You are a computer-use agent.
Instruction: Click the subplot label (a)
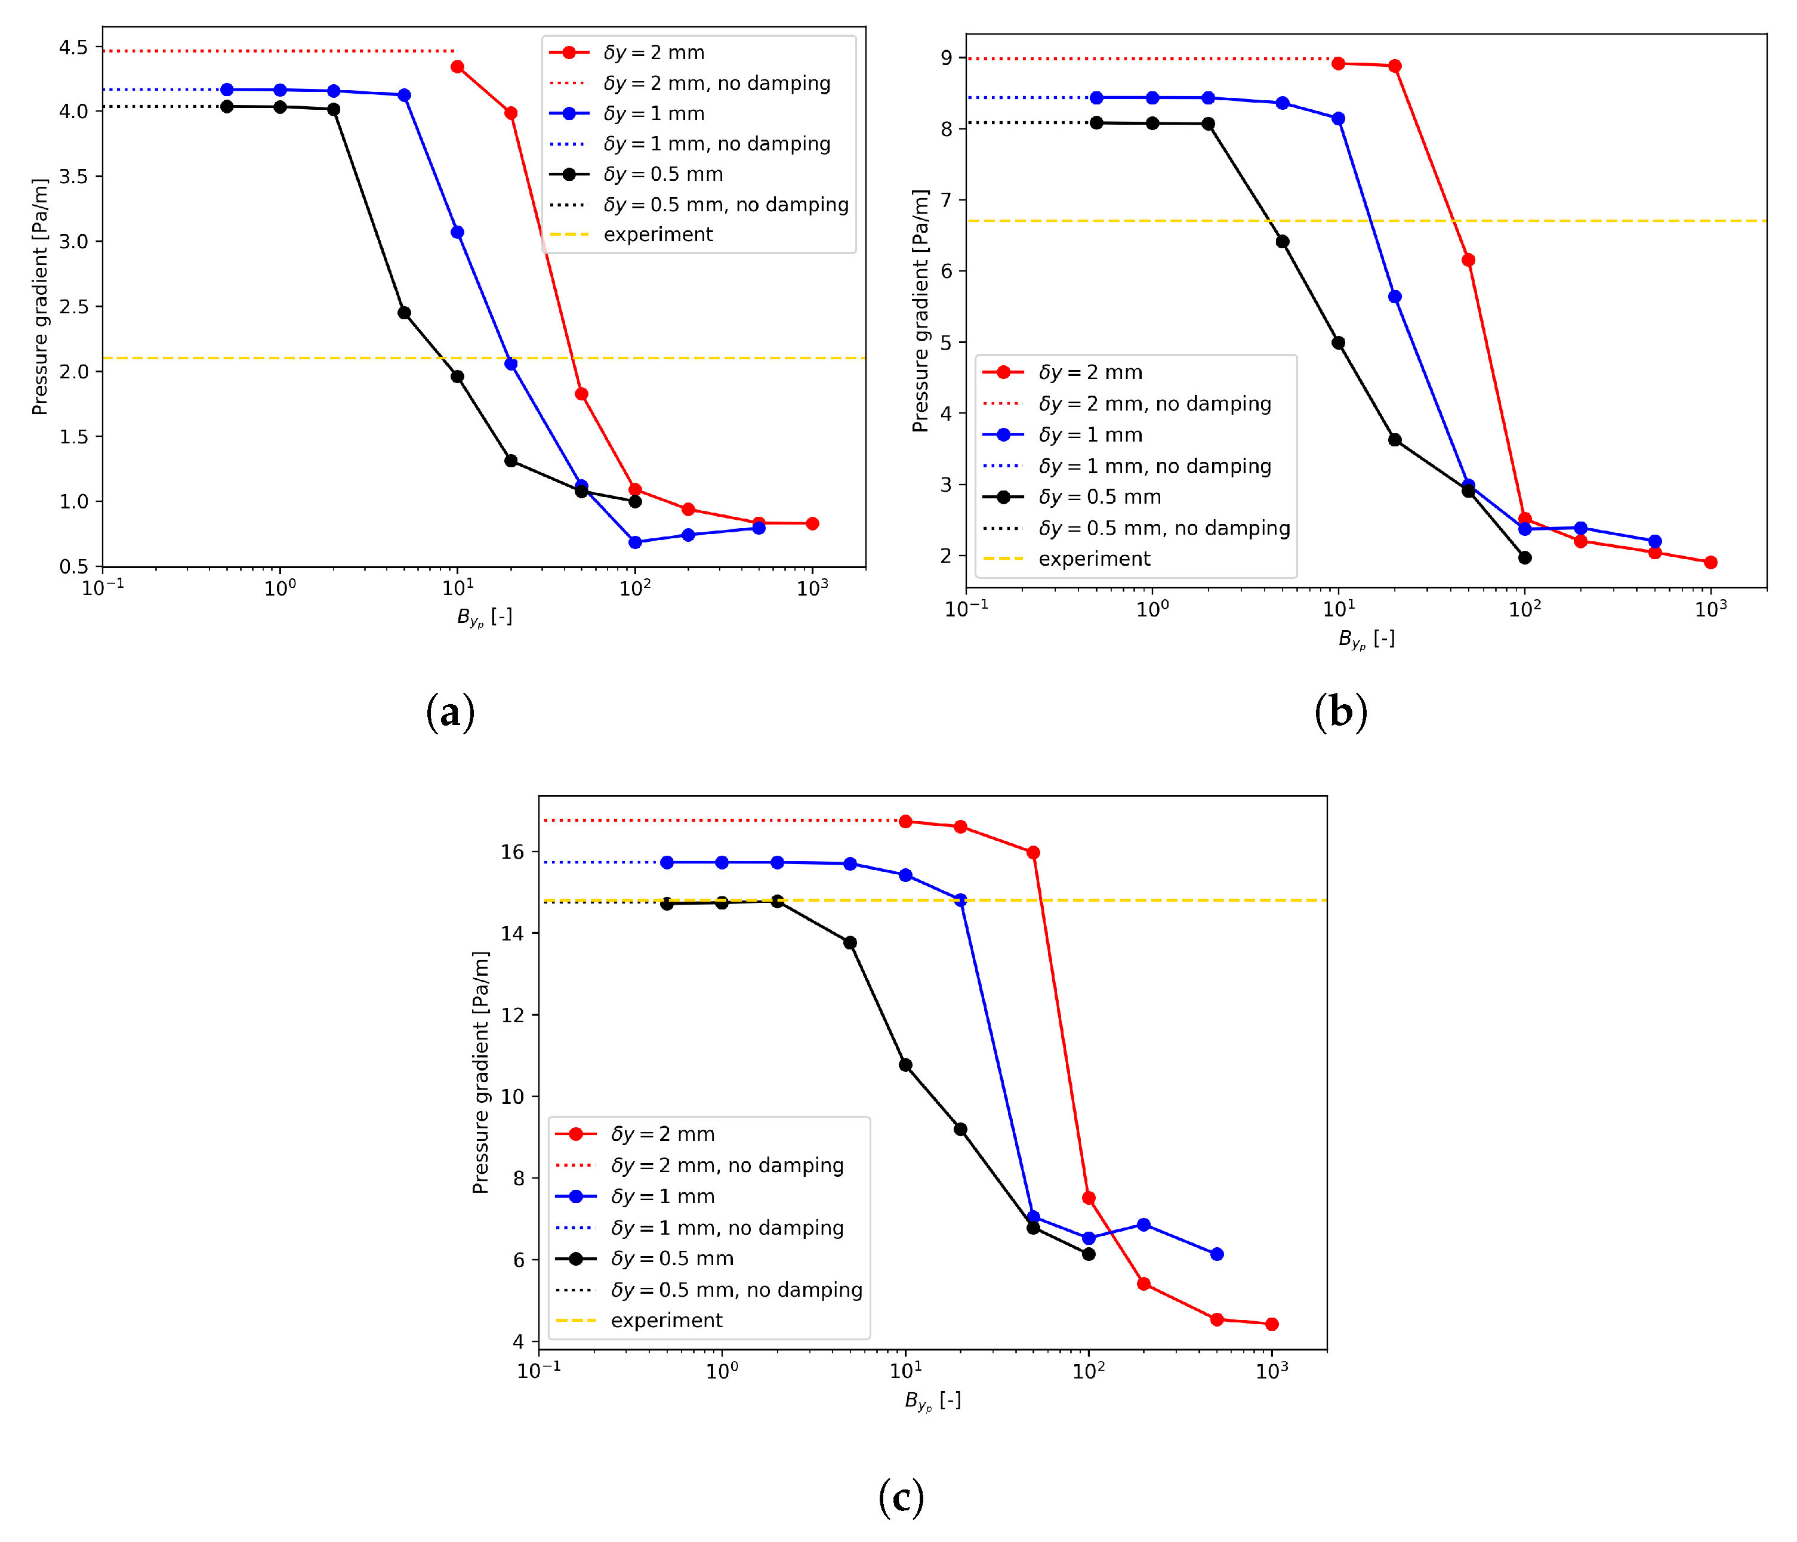click(x=450, y=712)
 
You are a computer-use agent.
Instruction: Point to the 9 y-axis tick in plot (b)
click(x=945, y=58)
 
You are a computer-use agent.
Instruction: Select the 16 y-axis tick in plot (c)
click(x=513, y=852)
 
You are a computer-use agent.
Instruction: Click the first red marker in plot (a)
click(x=458, y=67)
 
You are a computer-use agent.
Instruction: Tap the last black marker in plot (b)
click(x=1525, y=557)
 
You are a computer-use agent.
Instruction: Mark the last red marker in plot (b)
click(x=1710, y=562)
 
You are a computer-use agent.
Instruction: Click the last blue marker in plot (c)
click(x=1217, y=1254)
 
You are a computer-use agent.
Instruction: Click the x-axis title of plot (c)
click(x=932, y=1401)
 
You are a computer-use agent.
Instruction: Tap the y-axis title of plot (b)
click(x=920, y=310)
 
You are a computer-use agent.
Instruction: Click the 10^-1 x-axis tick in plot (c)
click(x=538, y=1370)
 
